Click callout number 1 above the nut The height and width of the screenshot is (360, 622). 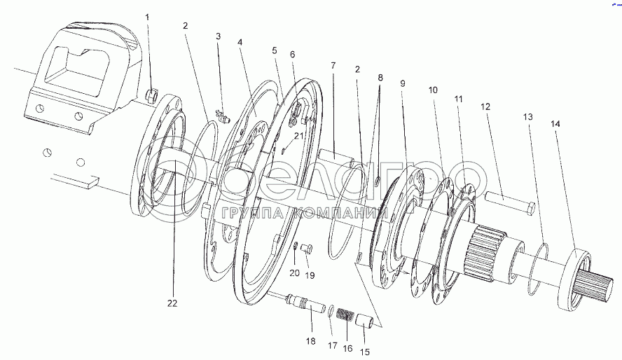pos(148,17)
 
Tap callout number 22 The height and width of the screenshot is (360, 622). pos(172,303)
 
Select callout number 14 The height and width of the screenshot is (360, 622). pos(555,124)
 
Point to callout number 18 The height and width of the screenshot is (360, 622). pos(310,340)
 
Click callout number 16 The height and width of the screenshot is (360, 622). pos(347,349)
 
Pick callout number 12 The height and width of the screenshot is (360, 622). pos(485,106)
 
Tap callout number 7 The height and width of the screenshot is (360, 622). pos(333,65)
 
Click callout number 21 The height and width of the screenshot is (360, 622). pos(298,136)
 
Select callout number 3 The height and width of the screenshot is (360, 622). pos(218,36)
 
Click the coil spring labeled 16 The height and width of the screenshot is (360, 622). pos(345,315)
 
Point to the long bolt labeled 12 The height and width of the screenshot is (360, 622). pos(509,202)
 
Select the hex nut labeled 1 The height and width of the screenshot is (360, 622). pos(152,95)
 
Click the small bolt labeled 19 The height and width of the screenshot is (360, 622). pos(307,249)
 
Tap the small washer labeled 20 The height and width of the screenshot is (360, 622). pos(296,247)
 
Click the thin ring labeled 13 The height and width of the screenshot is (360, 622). pos(539,263)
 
